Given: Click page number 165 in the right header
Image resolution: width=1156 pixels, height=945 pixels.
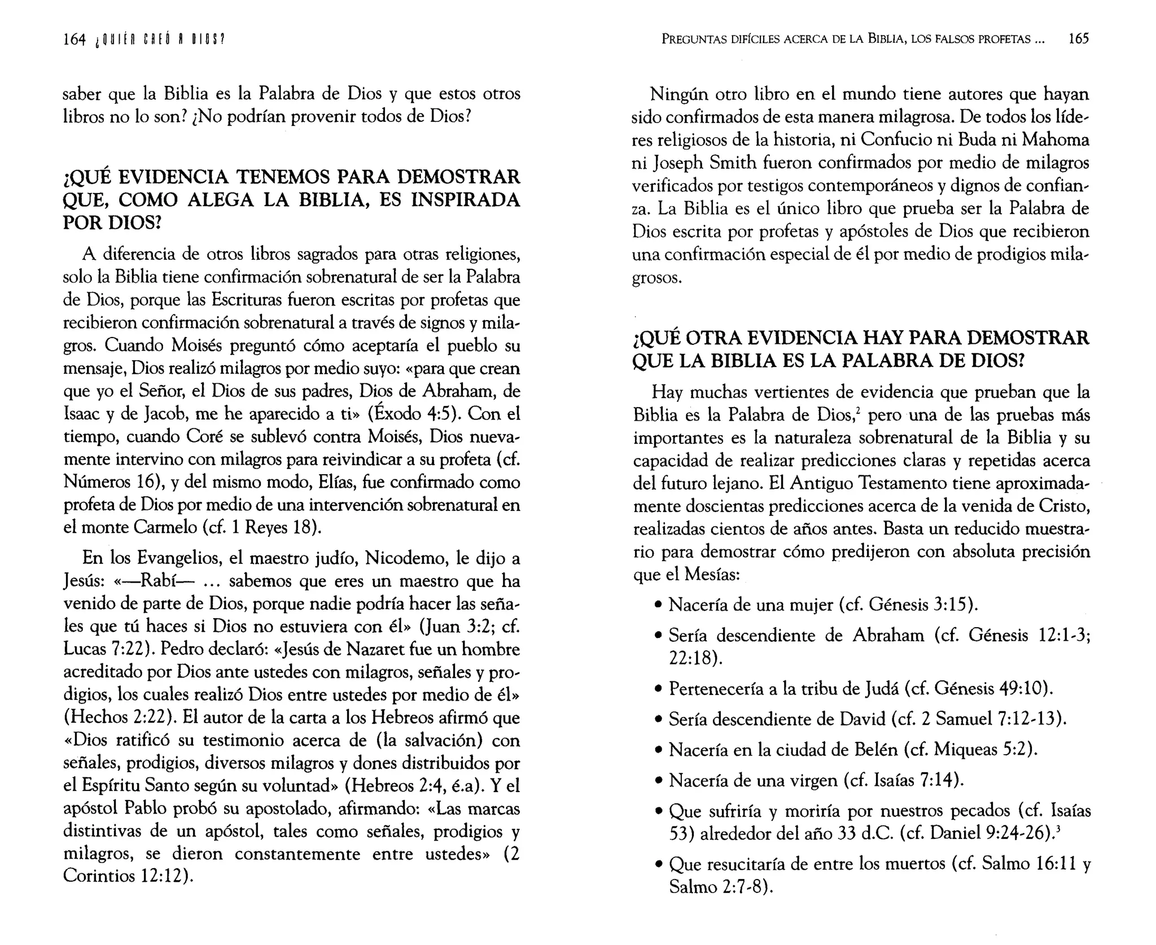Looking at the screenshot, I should coord(1078,38).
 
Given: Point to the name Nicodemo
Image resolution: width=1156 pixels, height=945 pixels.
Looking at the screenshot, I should coord(406,558).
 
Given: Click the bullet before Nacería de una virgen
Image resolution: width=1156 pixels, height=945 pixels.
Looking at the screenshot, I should coord(658,781).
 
